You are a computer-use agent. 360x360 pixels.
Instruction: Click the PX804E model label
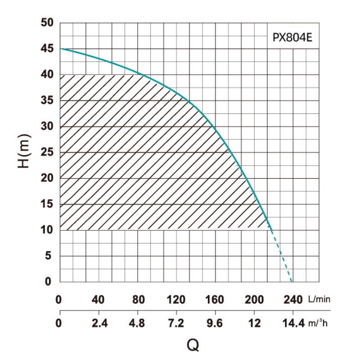pos(292,38)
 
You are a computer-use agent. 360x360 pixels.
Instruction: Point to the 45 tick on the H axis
pos(47,49)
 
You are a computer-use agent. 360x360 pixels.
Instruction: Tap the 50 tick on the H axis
pos(47,23)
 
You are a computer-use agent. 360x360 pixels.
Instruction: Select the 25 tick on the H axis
pos(47,153)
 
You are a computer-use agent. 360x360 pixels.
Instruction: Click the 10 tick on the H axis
pos(47,230)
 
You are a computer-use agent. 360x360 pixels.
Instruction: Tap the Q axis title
pos(193,345)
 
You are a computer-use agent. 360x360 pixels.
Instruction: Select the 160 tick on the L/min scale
pos(215,299)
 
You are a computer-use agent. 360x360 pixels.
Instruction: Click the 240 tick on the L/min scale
pos(292,299)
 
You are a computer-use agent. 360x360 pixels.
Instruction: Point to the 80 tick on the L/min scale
pos(137,299)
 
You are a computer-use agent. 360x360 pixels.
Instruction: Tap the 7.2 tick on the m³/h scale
pos(176,324)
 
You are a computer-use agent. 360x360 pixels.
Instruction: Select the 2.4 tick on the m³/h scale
pos(99,324)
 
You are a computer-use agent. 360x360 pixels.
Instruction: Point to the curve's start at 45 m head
pos(61,49)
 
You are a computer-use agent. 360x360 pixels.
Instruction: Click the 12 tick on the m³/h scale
pos(254,324)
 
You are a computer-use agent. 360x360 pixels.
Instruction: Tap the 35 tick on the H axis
pos(47,101)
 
